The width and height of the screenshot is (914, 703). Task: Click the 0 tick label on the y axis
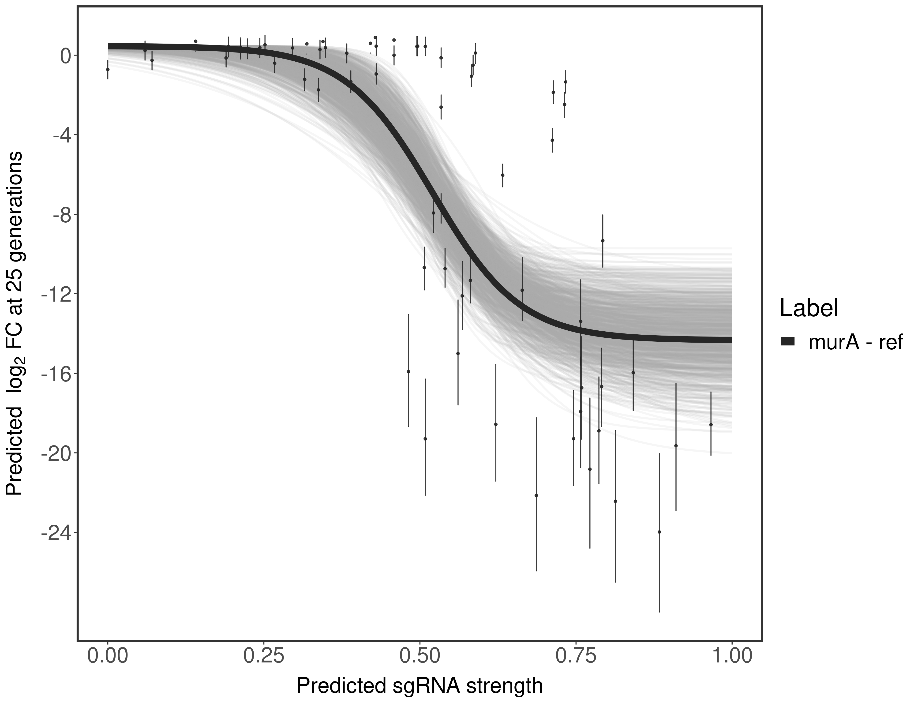(x=65, y=56)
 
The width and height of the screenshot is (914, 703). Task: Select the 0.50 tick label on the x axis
(x=420, y=656)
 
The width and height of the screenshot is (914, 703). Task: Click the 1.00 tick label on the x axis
(x=731, y=656)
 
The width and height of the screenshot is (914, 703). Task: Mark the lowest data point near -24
(x=659, y=532)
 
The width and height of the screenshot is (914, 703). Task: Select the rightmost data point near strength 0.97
(x=711, y=425)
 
